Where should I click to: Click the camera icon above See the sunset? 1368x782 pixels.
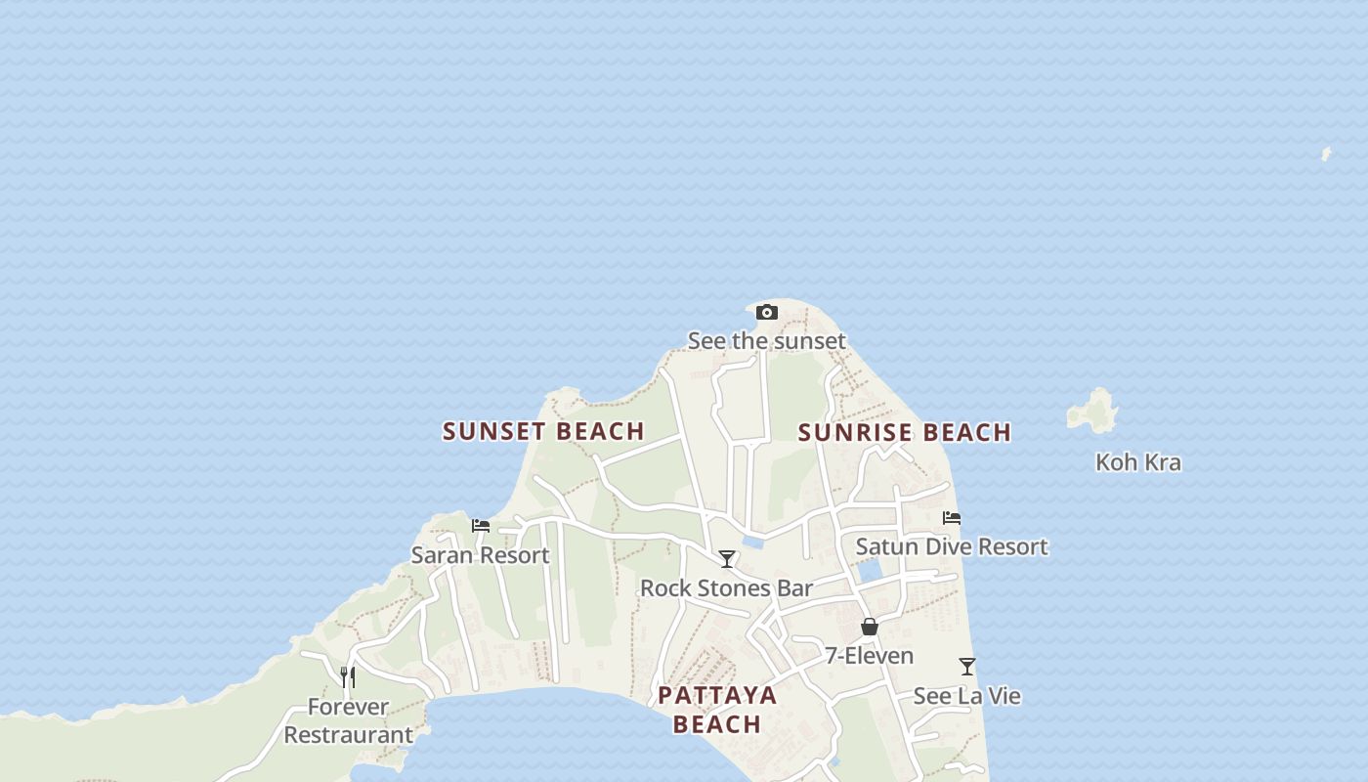point(767,313)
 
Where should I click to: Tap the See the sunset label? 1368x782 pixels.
point(767,341)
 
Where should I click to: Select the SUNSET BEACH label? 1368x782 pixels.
point(543,431)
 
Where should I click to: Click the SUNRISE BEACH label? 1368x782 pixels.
point(904,433)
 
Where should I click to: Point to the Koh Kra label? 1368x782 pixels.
point(1137,462)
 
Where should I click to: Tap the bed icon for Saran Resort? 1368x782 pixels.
point(481,526)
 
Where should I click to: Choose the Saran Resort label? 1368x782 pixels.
point(480,555)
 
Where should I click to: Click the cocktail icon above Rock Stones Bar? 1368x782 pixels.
point(727,559)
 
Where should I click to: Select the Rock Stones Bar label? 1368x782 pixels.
point(726,588)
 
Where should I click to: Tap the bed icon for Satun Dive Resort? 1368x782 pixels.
point(952,518)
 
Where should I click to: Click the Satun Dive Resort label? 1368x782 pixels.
point(952,547)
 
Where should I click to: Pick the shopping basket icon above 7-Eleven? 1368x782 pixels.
point(870,627)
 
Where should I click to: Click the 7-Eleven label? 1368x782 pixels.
point(870,656)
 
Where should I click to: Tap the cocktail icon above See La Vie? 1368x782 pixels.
point(967,667)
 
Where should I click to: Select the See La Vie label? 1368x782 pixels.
point(967,696)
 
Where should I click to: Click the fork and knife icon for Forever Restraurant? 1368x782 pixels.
point(347,676)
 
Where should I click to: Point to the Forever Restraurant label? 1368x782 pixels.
point(348,720)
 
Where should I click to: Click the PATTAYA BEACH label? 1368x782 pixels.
point(717,710)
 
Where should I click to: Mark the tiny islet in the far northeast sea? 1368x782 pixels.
point(1326,154)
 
